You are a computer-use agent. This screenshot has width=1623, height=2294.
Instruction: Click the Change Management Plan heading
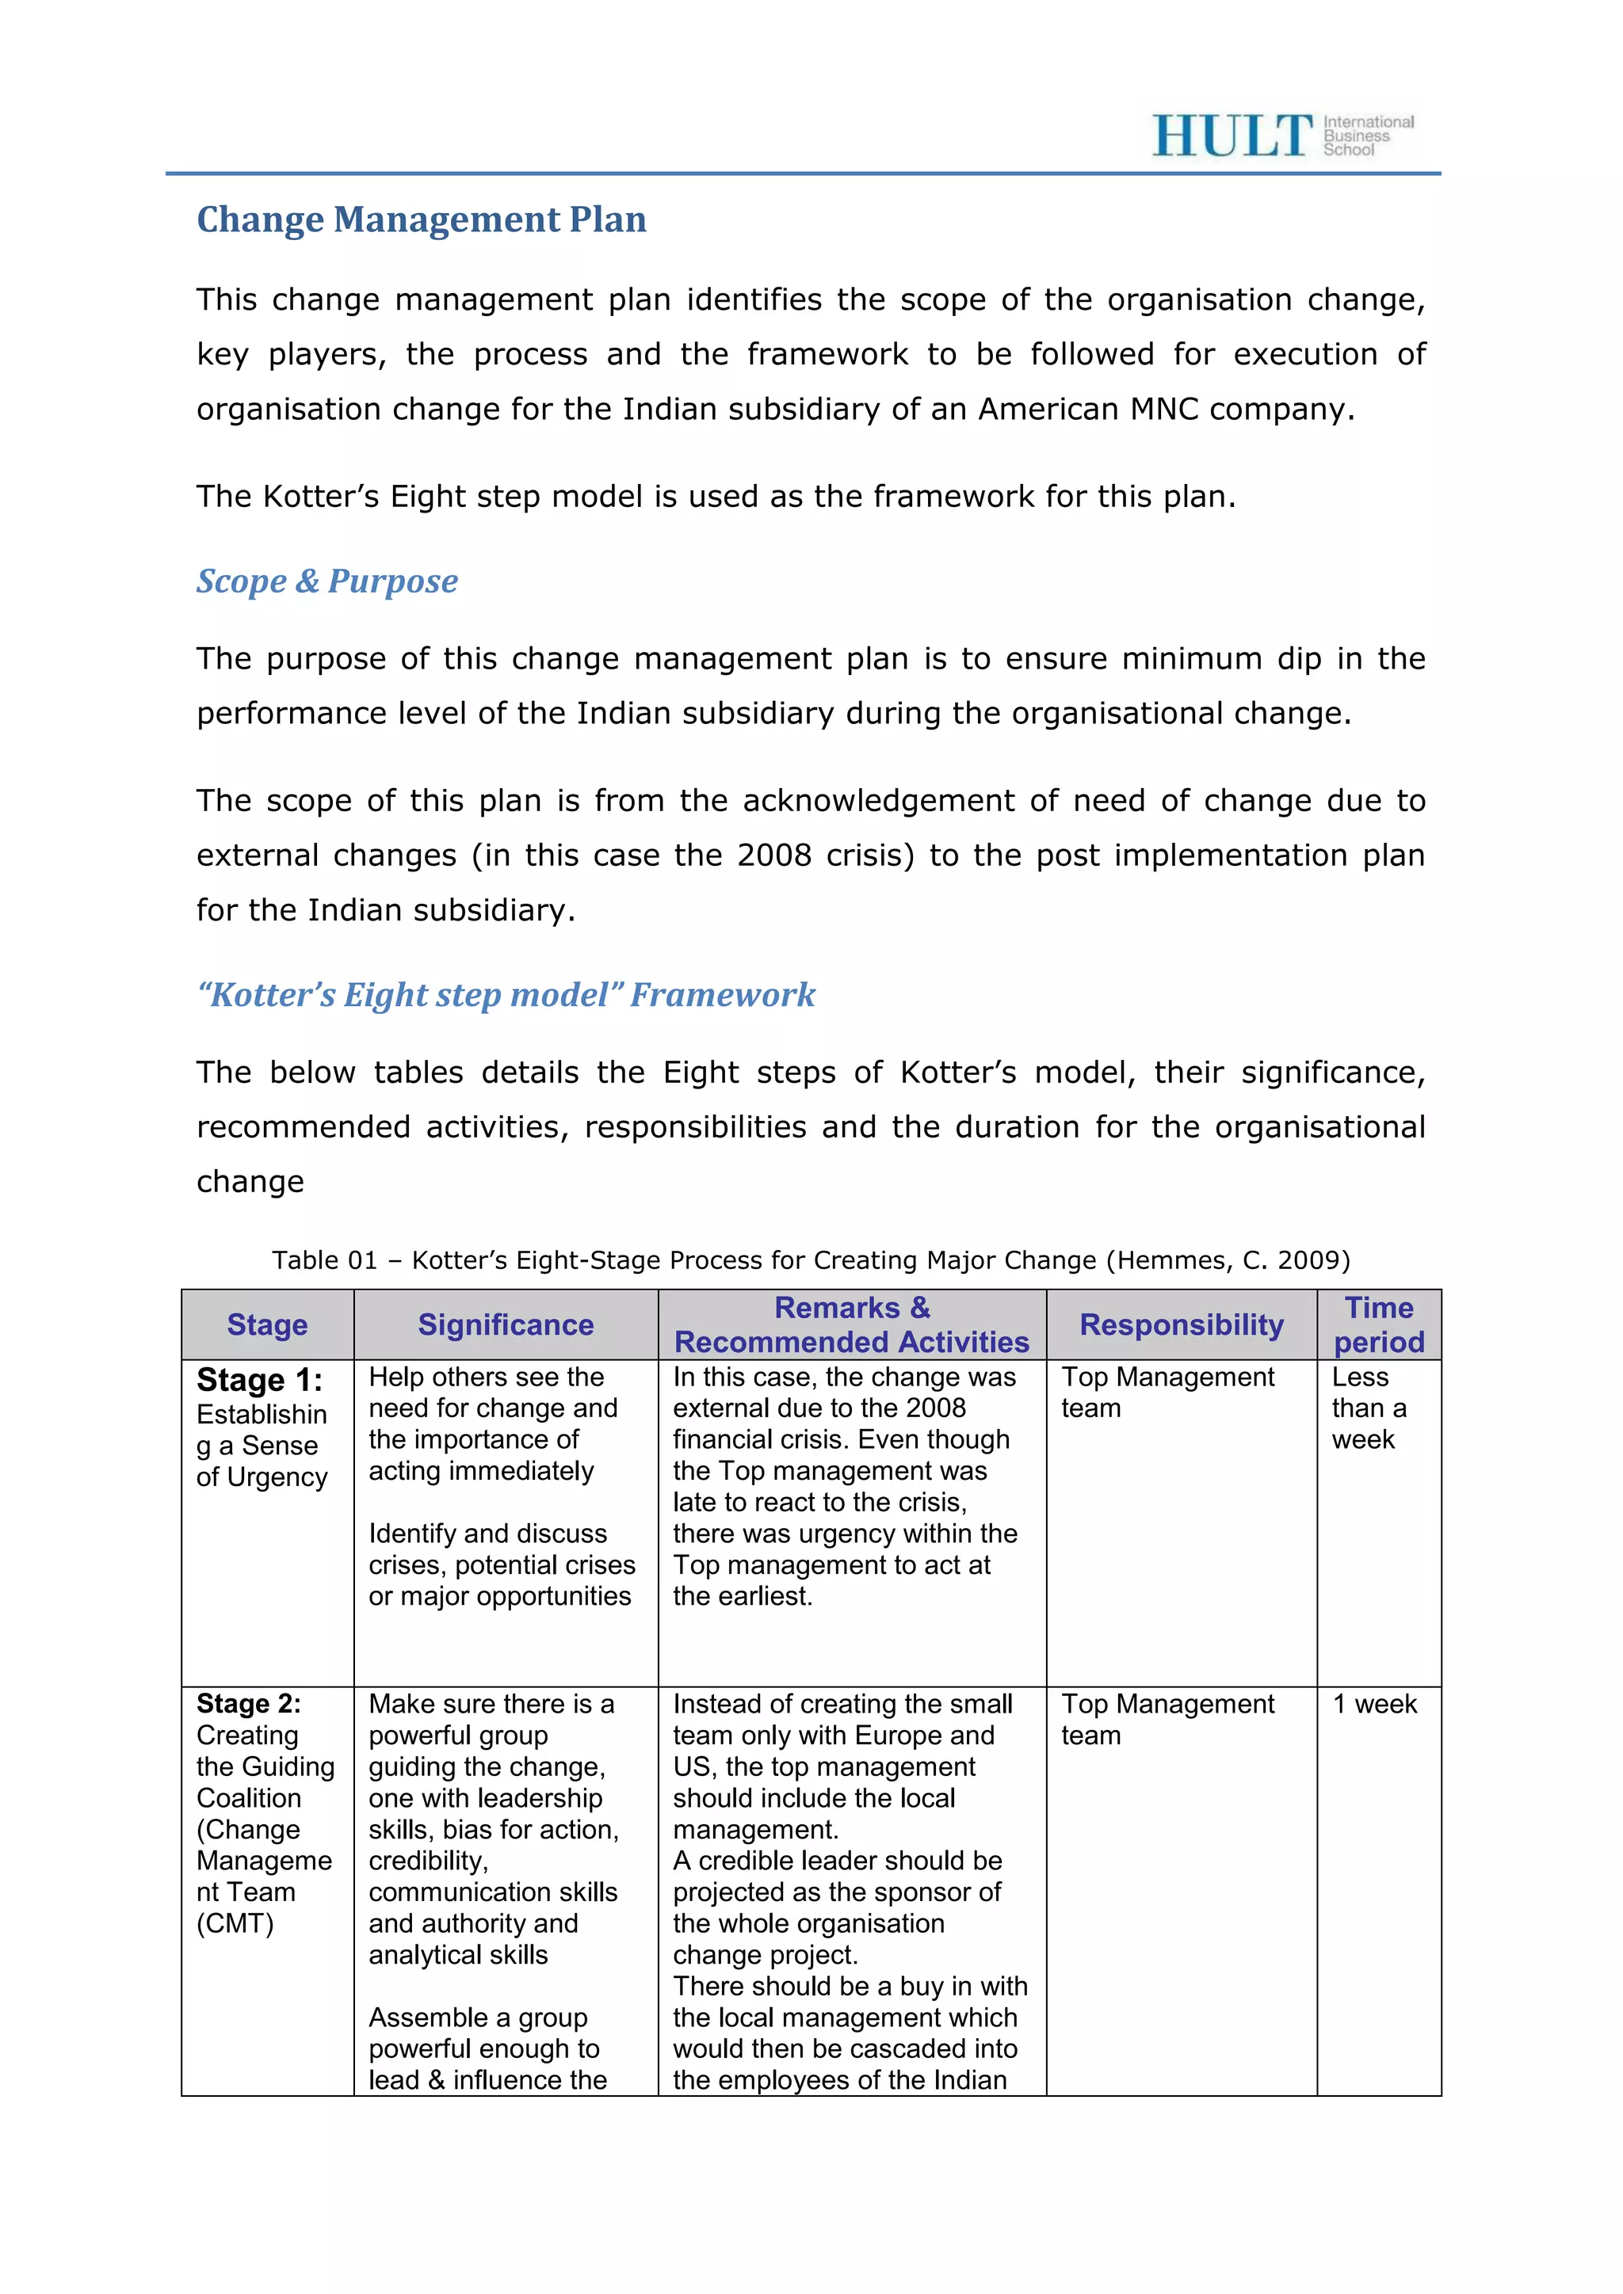(421, 219)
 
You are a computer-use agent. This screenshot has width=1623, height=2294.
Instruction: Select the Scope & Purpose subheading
(327, 581)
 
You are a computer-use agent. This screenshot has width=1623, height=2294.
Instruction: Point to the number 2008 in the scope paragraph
(773, 855)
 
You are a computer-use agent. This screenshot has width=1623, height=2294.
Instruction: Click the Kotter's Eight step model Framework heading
(506, 994)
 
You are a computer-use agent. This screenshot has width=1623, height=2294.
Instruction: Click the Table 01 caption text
(811, 1260)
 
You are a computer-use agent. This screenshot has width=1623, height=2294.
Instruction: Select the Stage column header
(267, 1325)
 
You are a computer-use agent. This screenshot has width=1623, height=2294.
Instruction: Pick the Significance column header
(506, 1325)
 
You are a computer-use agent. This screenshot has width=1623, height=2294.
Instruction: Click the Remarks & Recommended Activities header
(851, 1325)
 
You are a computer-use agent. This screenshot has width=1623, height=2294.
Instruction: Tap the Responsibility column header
(1182, 1325)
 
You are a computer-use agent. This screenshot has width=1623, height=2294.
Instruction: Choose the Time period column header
(1378, 1325)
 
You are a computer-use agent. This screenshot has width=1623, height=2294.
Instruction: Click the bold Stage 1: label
(259, 1380)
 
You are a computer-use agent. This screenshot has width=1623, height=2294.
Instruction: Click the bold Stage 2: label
(248, 1704)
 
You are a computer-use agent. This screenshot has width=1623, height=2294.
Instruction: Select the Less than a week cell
(1368, 1408)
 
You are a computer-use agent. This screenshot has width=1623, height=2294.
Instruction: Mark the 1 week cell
(1374, 1705)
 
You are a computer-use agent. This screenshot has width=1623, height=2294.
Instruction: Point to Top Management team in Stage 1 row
(1167, 1392)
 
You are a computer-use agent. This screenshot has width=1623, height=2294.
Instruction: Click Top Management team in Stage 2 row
(1167, 1718)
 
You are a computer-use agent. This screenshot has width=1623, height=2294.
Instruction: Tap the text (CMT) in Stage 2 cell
(235, 1923)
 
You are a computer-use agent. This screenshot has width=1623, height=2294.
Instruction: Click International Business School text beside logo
(1367, 136)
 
